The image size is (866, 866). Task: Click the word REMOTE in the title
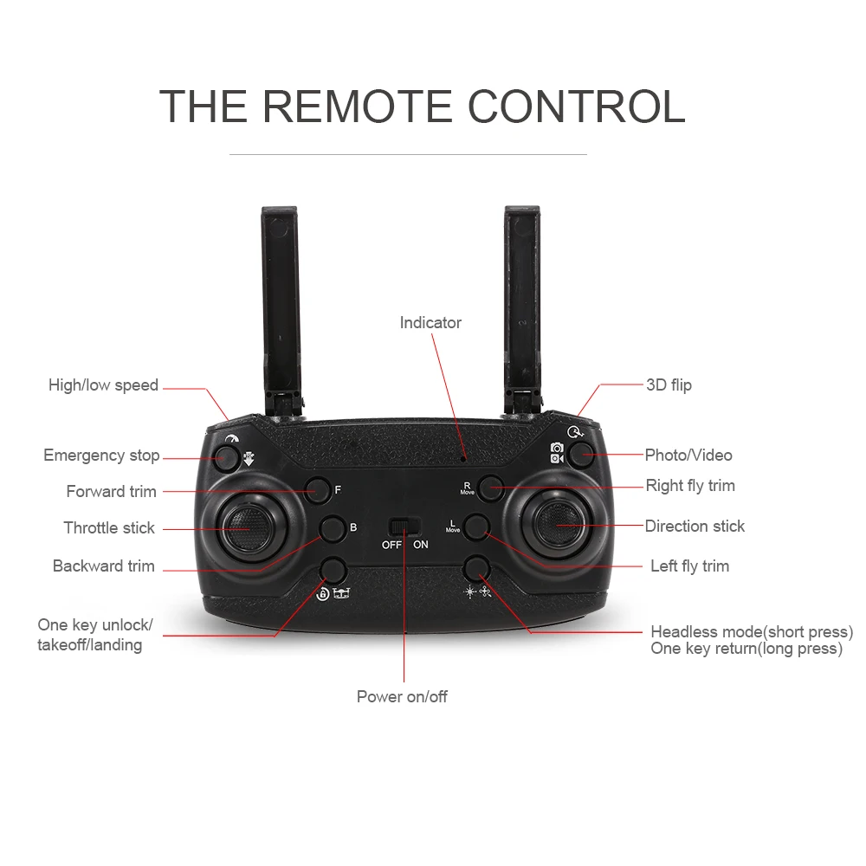click(x=356, y=107)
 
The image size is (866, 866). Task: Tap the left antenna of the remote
click(x=280, y=294)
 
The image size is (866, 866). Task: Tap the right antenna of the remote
click(x=522, y=294)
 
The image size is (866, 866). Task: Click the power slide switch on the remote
click(x=404, y=527)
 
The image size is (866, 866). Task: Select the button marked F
click(x=319, y=490)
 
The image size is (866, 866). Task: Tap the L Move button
click(x=475, y=526)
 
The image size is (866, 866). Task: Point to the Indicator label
click(x=430, y=323)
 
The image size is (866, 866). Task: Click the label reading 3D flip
click(x=669, y=385)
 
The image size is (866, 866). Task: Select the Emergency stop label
click(x=101, y=456)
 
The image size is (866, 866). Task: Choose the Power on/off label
click(x=402, y=696)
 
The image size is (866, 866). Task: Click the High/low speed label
click(x=103, y=385)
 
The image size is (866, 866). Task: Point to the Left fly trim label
click(x=689, y=566)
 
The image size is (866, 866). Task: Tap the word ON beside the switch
click(x=421, y=545)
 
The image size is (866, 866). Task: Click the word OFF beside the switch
click(x=391, y=545)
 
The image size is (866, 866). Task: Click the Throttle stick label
click(x=109, y=528)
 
